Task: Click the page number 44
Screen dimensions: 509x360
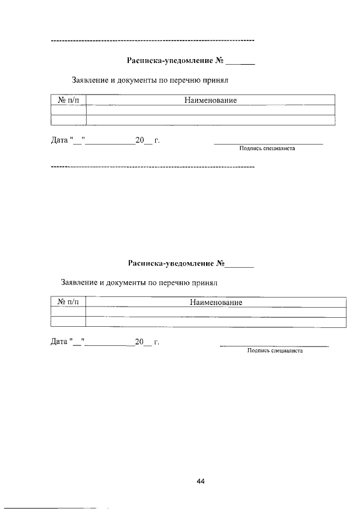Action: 201,481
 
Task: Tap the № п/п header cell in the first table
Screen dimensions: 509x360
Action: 69,100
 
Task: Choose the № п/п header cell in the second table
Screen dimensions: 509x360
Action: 69,303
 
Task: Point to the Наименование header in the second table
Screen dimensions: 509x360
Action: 216,303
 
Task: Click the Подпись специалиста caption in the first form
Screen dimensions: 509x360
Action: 267,149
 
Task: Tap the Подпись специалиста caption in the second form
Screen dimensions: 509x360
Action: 274,351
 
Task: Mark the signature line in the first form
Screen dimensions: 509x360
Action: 268,144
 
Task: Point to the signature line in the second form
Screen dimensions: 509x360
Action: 274,346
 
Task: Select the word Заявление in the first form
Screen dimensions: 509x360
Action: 90,80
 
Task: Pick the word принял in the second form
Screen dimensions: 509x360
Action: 205,282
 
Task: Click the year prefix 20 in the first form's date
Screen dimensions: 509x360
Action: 140,140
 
